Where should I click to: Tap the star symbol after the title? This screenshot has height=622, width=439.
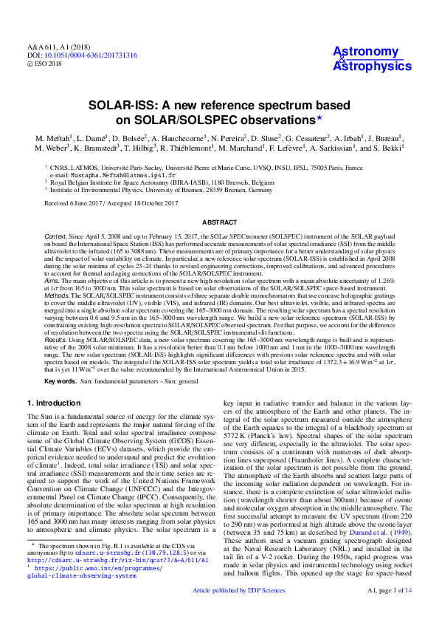[319, 117]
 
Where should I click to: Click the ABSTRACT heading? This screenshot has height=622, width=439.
[219, 222]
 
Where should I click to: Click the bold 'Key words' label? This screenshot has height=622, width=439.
[61, 382]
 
